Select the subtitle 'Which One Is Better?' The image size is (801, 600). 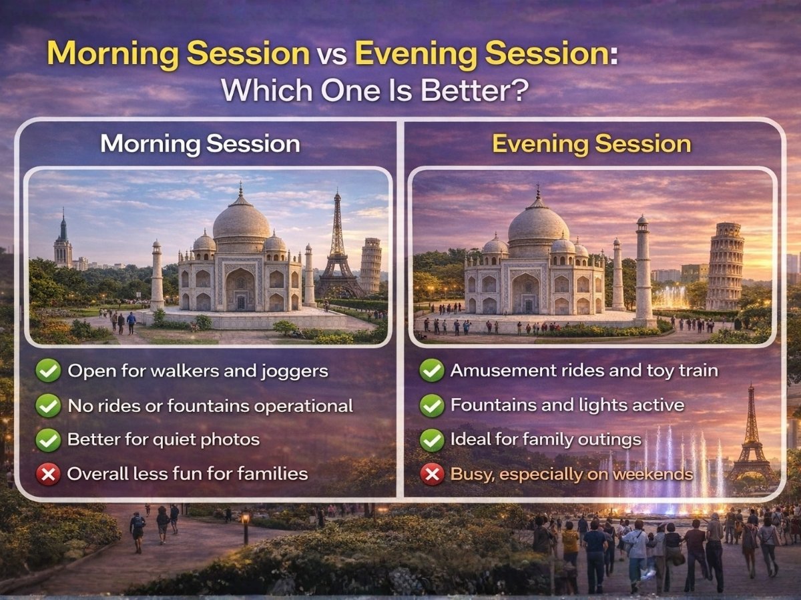pyautogui.click(x=370, y=90)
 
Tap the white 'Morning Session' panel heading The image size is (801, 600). pyautogui.click(x=200, y=144)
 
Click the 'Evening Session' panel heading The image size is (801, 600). pyautogui.click(x=591, y=144)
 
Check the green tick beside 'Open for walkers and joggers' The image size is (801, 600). pyautogui.click(x=48, y=371)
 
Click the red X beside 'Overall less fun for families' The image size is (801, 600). pyautogui.click(x=48, y=474)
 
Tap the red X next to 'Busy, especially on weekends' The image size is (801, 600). pyautogui.click(x=432, y=475)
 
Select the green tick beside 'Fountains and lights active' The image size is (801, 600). pyautogui.click(x=432, y=405)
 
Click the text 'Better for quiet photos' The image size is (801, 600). pyautogui.click(x=164, y=440)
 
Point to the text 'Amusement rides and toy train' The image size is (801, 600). pyautogui.click(x=584, y=371)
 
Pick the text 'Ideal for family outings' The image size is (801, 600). pyautogui.click(x=545, y=440)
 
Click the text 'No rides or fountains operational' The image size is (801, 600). pyautogui.click(x=210, y=405)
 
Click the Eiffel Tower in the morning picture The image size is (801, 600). pyautogui.click(x=337, y=247)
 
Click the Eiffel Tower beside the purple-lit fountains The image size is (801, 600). pyautogui.click(x=752, y=433)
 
